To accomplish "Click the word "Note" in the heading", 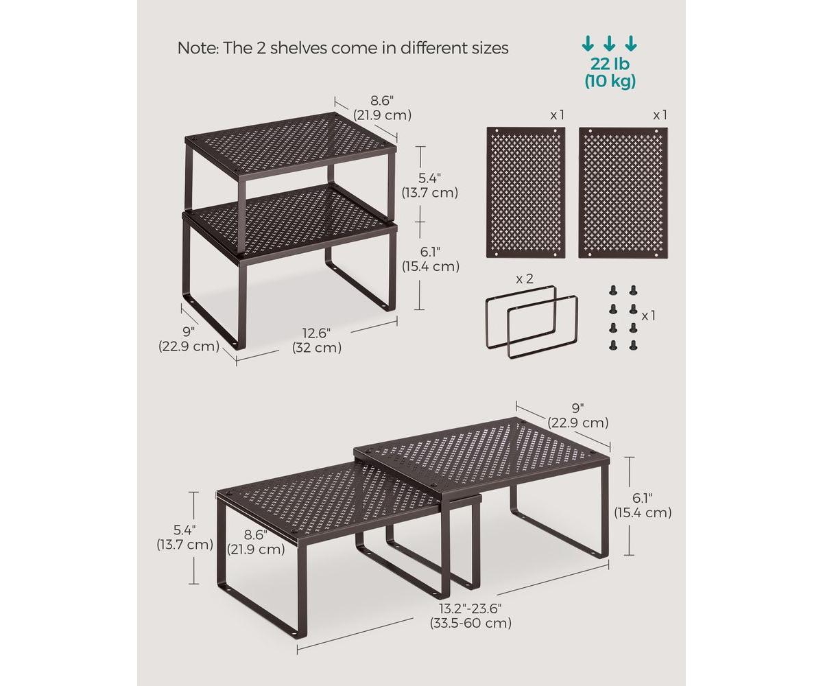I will coord(195,48).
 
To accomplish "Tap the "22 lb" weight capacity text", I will coord(610,64).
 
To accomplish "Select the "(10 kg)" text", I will coord(610,81).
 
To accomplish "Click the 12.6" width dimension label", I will coord(316,333).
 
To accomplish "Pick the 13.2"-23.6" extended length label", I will coord(470,608).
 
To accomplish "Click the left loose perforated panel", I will coord(526,192).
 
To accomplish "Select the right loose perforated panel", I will coord(623,192).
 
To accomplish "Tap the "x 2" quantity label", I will coord(524,279).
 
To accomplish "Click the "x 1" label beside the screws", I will coord(649,316).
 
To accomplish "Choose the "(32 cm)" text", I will coord(317,348).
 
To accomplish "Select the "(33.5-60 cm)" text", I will coord(470,623).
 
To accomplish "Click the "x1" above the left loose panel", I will coord(557,115).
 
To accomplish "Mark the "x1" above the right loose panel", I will coord(660,115).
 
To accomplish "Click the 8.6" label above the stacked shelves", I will coord(383,101).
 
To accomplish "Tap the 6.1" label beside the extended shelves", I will coord(643,497).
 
